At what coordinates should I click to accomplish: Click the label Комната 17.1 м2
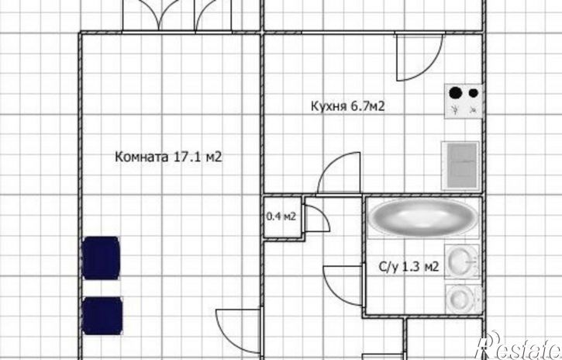[168, 157]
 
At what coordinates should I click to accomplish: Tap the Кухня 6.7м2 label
[348, 106]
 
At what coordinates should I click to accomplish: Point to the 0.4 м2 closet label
[281, 216]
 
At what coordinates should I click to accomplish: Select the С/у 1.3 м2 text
[409, 267]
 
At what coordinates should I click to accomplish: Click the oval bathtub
[423, 217]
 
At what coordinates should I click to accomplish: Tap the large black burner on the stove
[456, 93]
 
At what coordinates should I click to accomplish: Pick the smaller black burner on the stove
[474, 93]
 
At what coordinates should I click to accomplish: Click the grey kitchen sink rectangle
[460, 165]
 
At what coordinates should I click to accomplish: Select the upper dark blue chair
[101, 258]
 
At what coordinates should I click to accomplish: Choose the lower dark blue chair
[103, 316]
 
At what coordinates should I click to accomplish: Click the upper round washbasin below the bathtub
[462, 261]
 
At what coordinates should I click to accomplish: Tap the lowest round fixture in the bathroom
[462, 299]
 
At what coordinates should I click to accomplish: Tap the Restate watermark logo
[519, 346]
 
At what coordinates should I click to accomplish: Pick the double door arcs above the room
[178, 15]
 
